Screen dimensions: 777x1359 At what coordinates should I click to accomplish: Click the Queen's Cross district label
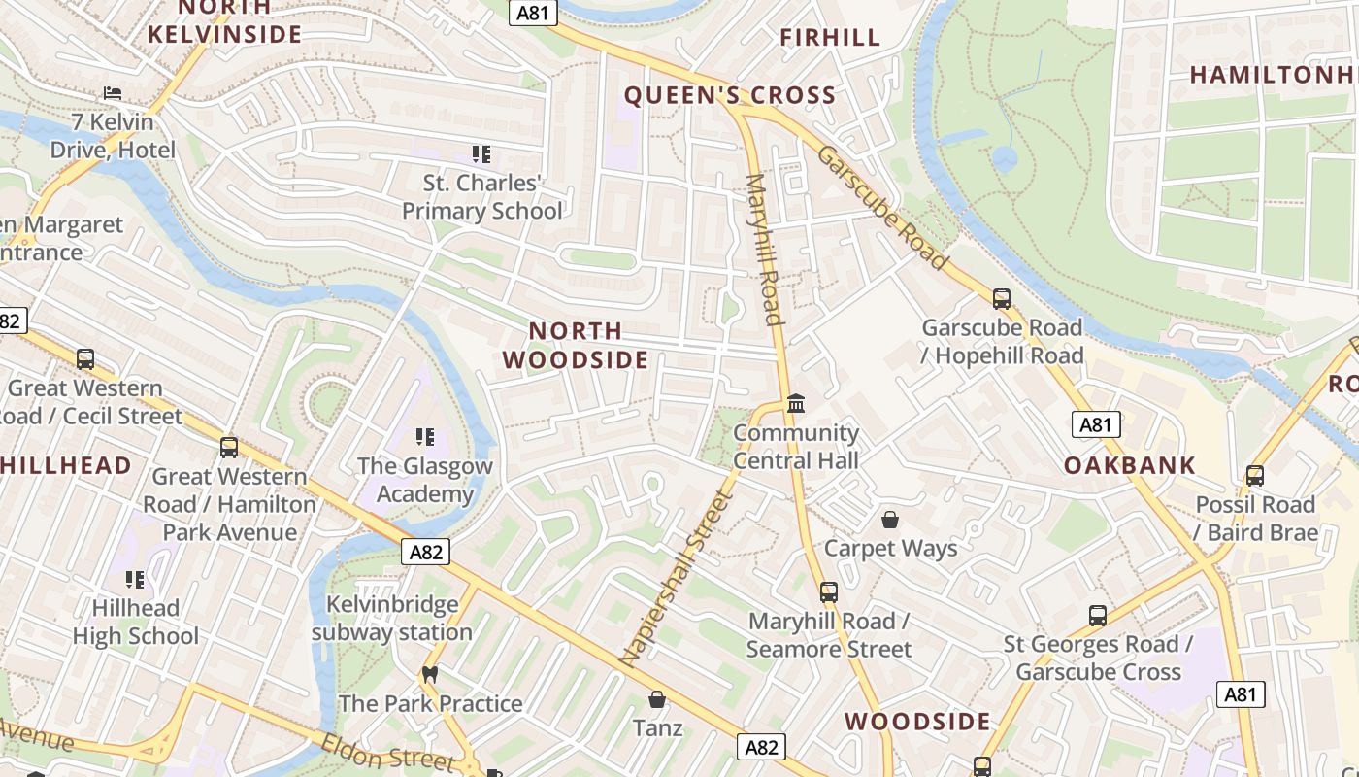(729, 95)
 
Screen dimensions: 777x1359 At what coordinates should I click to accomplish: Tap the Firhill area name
(830, 38)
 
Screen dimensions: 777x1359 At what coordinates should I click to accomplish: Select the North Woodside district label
(576, 346)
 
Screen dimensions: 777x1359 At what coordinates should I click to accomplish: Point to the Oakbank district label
(1130, 465)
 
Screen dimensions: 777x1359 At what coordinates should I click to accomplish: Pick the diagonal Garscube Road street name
(881, 208)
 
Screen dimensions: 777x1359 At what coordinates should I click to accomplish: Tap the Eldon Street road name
(387, 753)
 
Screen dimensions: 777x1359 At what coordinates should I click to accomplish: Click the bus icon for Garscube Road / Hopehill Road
(1002, 299)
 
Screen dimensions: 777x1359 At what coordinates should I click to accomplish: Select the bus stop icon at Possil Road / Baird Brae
(1255, 476)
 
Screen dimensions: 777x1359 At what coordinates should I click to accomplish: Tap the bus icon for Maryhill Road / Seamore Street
(828, 592)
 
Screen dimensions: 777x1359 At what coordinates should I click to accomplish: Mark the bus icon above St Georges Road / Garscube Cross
(1097, 616)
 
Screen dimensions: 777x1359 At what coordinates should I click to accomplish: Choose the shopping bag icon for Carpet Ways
(890, 520)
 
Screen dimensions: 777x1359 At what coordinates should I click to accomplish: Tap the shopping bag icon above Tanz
(657, 699)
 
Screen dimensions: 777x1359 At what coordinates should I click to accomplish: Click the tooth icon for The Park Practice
(430, 674)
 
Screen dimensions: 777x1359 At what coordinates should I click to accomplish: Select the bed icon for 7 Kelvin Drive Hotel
(113, 93)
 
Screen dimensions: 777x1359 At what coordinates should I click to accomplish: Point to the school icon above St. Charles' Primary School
(481, 154)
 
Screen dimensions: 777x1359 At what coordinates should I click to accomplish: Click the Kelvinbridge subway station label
(392, 618)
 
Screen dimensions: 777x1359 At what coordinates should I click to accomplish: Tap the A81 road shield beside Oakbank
(1096, 424)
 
